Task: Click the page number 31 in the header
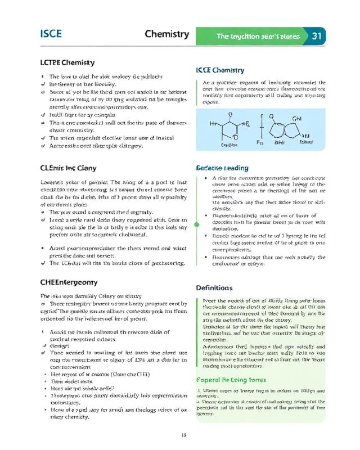[x=316, y=36]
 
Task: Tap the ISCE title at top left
[x=51, y=34]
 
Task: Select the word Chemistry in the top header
[x=166, y=34]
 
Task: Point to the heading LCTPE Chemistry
[x=67, y=62]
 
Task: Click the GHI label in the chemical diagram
[x=298, y=118]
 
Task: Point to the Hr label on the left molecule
[x=213, y=123]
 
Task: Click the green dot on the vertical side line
[x=197, y=224]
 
